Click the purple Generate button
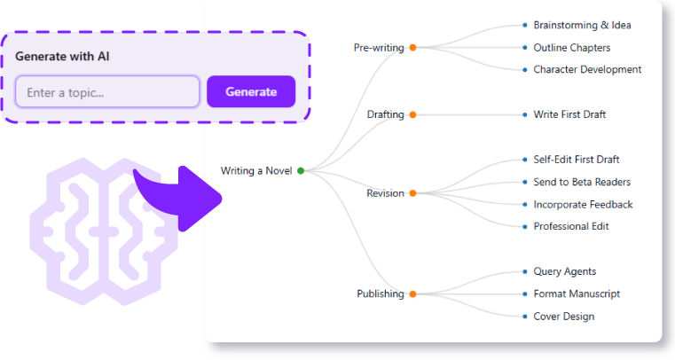coord(251,91)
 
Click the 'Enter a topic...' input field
coord(107,92)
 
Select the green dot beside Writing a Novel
coord(301,170)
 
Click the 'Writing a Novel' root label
coord(255,170)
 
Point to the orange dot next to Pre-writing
coord(412,48)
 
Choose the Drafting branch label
coord(385,114)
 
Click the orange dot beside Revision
coord(412,193)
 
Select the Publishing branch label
coord(380,293)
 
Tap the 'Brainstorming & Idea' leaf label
coord(582,25)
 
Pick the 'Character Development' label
coord(587,69)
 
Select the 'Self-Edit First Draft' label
coord(576,160)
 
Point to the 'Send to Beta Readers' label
coord(582,182)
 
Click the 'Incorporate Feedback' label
coord(583,205)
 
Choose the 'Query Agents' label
coord(564,271)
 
